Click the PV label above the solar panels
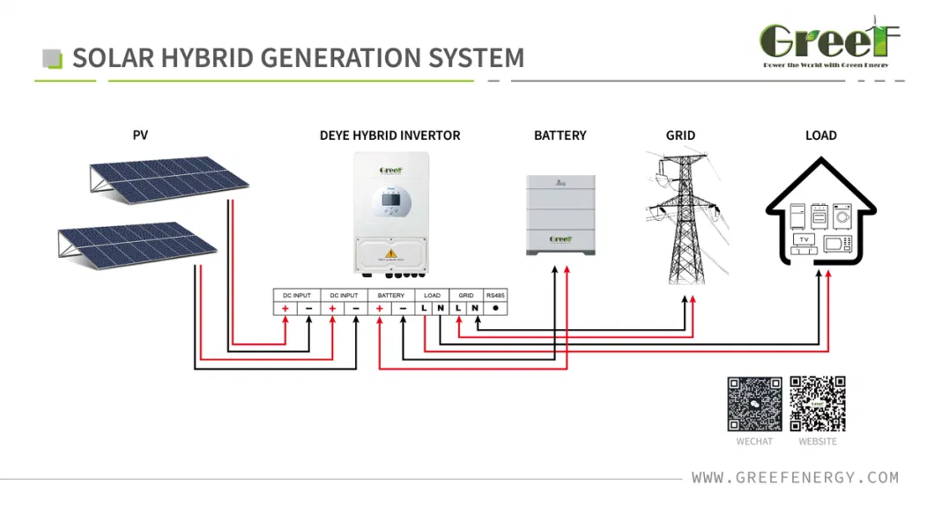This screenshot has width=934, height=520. [x=140, y=135]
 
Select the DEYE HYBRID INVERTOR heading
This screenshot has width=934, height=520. [x=389, y=135]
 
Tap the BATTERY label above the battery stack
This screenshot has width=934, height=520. [x=560, y=135]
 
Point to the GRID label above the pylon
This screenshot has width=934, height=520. [x=680, y=135]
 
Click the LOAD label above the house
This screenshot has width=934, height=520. [x=820, y=135]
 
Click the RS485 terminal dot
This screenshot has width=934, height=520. [x=495, y=308]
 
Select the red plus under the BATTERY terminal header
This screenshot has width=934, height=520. [x=379, y=308]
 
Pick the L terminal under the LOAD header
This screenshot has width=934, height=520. [x=424, y=308]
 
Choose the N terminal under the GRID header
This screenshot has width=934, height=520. [x=475, y=308]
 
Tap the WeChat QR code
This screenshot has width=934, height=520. [x=754, y=404]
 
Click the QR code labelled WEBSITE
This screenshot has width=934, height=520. [x=818, y=404]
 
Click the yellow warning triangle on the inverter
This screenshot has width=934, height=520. [x=389, y=253]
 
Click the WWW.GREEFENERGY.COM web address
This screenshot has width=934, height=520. [x=795, y=478]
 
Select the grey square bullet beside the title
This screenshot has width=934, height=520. [x=53, y=59]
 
